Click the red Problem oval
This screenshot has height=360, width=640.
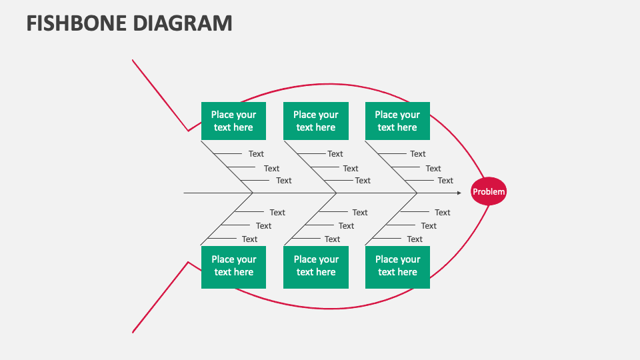(489, 192)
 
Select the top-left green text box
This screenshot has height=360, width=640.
(233, 121)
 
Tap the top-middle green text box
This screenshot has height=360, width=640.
(315, 121)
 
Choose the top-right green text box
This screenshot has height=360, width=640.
(397, 121)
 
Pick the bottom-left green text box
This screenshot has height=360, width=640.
(233, 267)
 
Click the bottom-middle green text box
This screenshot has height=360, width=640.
(315, 267)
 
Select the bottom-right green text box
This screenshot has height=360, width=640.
(397, 267)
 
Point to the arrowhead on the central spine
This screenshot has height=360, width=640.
(459, 193)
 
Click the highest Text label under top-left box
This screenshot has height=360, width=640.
(256, 154)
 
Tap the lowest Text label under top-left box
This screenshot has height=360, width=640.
(283, 181)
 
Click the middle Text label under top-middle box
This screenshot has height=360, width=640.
(351, 169)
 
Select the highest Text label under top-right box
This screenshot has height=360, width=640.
(417, 154)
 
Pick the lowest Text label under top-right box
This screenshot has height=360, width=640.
(445, 181)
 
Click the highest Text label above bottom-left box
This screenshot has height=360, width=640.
(277, 213)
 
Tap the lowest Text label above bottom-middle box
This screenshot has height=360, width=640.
(332, 239)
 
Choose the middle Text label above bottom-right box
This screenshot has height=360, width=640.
(429, 226)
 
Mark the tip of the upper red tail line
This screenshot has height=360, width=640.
(133, 60)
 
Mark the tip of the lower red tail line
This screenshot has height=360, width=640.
(133, 331)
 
